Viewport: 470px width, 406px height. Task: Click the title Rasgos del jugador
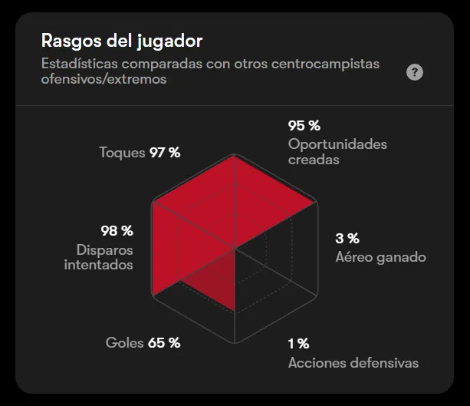point(121,40)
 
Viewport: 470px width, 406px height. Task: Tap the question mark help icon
point(415,72)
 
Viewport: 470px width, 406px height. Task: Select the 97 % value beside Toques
point(165,152)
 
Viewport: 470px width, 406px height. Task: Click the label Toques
point(122,152)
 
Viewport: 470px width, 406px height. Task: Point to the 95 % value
point(304,125)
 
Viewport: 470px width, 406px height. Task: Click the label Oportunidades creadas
point(337,152)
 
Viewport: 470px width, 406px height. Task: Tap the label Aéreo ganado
point(380,257)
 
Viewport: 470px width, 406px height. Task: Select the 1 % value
point(299,343)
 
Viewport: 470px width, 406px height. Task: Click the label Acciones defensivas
point(353,362)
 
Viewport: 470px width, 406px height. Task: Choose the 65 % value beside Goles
point(164,342)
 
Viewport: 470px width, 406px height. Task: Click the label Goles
point(124,342)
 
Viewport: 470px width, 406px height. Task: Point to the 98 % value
point(117,230)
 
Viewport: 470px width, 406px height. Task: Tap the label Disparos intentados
point(98,257)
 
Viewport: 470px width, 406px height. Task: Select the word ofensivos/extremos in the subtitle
point(104,79)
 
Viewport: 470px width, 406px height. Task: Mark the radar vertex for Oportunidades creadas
point(315,203)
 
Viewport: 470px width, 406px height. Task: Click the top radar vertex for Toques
point(234,157)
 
